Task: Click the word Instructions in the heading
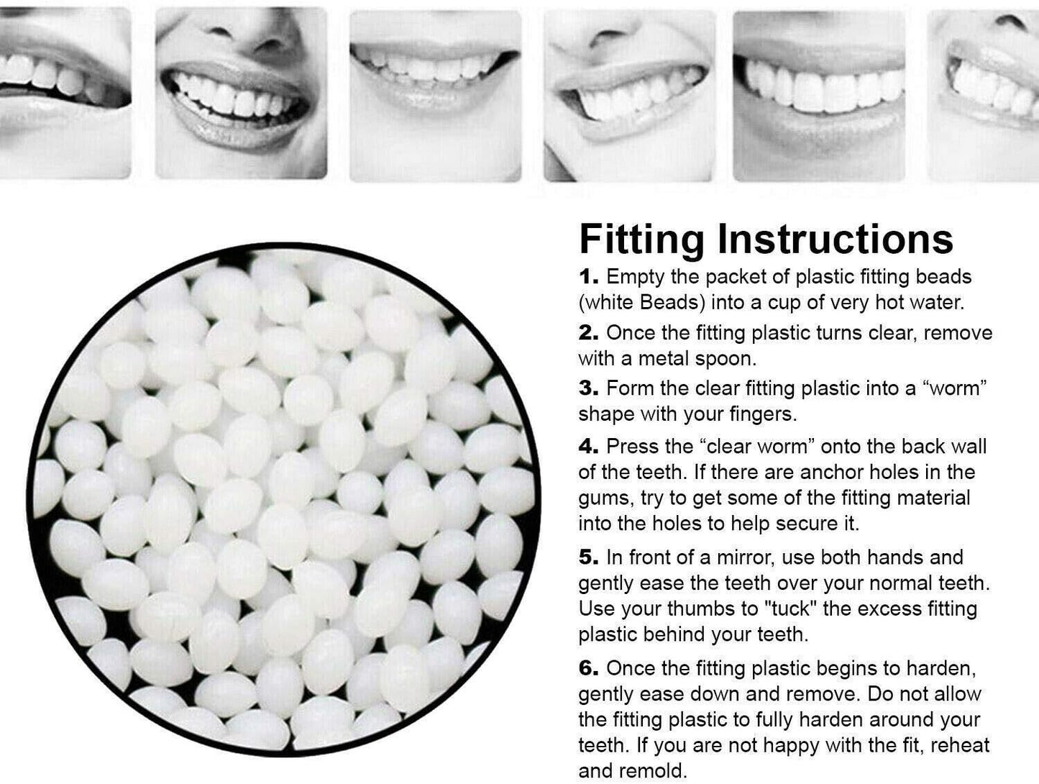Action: (836, 239)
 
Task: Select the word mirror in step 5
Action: (745, 557)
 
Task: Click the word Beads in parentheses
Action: (672, 303)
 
